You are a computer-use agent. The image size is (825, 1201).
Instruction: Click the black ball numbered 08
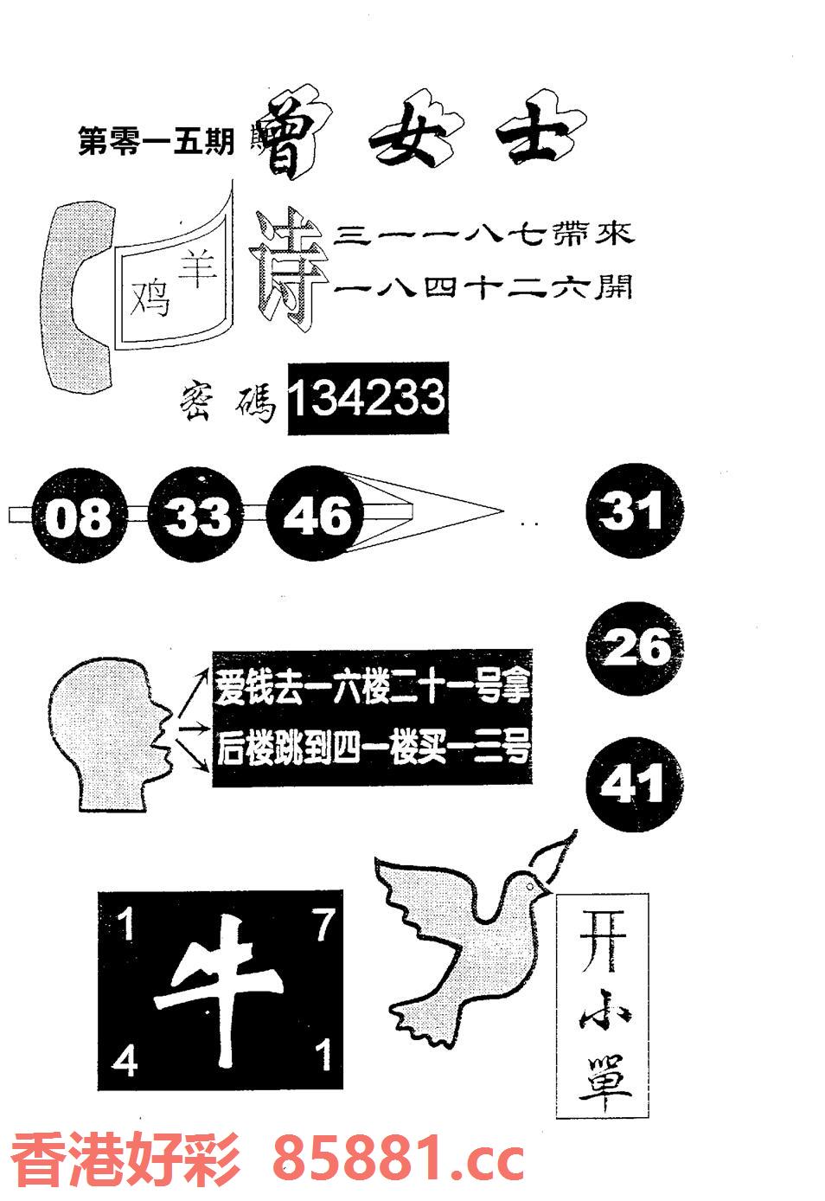pos(78,517)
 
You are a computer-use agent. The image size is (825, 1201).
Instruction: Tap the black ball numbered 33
pos(198,517)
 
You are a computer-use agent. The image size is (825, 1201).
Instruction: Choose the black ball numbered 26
pos(635,647)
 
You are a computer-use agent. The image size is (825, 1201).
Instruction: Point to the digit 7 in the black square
pos(323,928)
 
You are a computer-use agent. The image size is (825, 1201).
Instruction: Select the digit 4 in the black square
pos(125,1060)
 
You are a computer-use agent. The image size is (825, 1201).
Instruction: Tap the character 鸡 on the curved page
pos(150,299)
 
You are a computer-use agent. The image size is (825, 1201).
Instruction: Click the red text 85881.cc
pos(399,1159)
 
